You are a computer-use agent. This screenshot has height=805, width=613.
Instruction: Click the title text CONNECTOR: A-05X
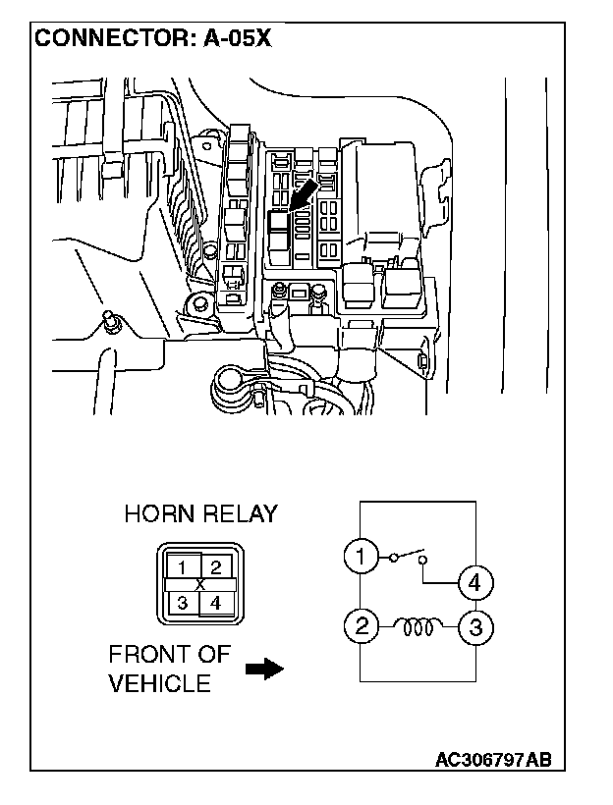tap(152, 38)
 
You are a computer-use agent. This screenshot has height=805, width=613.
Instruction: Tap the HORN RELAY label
tap(200, 513)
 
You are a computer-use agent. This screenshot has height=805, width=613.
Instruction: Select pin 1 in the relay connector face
tap(182, 567)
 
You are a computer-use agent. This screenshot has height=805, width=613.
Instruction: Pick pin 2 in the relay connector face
tap(217, 566)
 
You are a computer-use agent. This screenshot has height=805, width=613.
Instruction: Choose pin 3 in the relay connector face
tap(182, 602)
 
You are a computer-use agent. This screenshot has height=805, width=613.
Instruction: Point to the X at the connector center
tap(200, 584)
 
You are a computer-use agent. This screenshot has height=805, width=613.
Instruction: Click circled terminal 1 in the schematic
tap(362, 558)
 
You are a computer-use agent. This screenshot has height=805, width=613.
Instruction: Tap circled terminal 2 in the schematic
tap(362, 625)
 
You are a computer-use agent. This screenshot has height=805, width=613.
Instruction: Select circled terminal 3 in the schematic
tap(475, 625)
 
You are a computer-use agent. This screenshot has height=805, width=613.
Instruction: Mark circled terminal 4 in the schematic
tap(475, 582)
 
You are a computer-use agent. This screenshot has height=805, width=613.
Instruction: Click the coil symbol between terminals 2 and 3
tap(418, 623)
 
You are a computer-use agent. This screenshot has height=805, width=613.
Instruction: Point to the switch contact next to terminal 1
tap(407, 557)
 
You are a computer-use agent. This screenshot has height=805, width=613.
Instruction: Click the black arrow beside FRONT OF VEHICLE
tap(262, 669)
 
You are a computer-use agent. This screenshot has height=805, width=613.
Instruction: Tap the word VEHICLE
tap(159, 683)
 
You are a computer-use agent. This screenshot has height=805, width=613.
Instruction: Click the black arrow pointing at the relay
tap(302, 194)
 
